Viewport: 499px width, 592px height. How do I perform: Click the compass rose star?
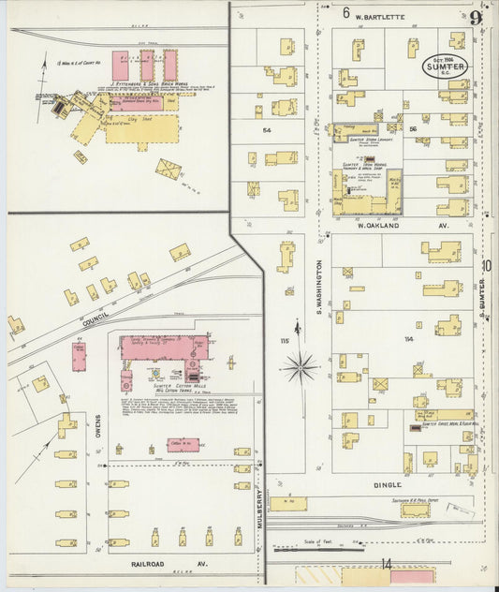pyautogui.click(x=299, y=366)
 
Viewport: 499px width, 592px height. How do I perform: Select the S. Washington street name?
pyautogui.click(x=319, y=285)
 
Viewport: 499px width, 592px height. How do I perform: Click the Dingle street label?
pyautogui.click(x=387, y=484)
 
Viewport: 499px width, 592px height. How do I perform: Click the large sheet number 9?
pyautogui.click(x=477, y=17)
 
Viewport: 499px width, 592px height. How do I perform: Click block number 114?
pyautogui.click(x=407, y=339)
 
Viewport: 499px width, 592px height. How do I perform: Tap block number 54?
pyautogui.click(x=267, y=130)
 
